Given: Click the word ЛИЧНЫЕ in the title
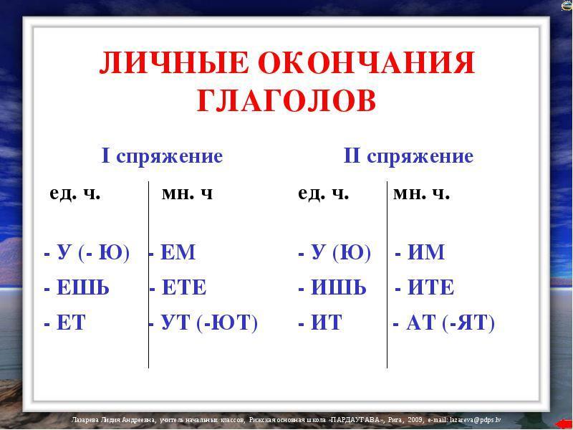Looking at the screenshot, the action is [x=173, y=63].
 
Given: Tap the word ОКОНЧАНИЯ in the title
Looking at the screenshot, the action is [x=367, y=63].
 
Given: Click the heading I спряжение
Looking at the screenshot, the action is [x=162, y=156].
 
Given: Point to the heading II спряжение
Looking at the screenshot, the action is [x=408, y=156].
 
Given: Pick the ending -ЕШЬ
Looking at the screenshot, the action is [x=77, y=287].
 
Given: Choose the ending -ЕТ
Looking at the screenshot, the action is [x=64, y=322].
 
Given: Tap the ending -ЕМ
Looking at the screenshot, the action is [x=172, y=252].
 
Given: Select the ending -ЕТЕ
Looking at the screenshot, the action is [x=178, y=287].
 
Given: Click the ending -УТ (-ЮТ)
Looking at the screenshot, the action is [x=203, y=323].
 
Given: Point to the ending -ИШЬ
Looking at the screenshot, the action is [x=332, y=287].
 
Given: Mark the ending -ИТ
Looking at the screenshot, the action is [x=320, y=322].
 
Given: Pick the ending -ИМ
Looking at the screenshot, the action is [x=420, y=252].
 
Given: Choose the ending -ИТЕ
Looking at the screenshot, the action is [x=425, y=287].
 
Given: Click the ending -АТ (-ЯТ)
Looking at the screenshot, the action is [x=443, y=323].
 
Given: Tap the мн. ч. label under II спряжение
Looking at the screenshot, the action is [x=421, y=193].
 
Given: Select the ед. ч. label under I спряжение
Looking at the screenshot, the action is [x=75, y=193].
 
